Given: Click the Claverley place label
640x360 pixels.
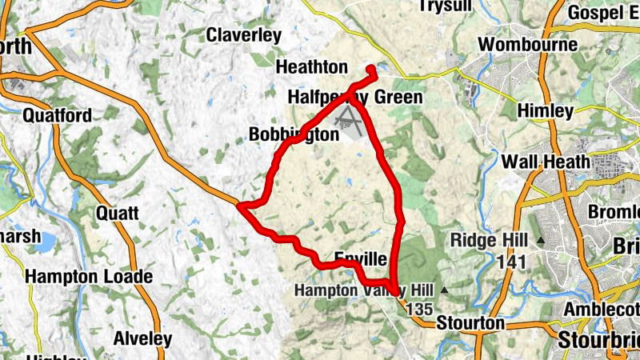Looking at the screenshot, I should pos(244,35).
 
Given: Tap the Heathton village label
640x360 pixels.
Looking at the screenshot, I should pos(311,66).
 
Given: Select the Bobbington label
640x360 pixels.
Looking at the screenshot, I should pos(294,134).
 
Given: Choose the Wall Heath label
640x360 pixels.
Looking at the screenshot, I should pos(546,162).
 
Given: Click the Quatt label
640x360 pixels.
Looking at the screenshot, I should pos(117,214).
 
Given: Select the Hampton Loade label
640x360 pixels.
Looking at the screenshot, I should pos(89,277).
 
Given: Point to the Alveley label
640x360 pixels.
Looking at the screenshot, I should pos(142,338).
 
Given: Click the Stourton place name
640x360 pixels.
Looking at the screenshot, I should pos(471,323).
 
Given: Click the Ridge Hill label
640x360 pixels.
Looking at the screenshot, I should pos(488,240).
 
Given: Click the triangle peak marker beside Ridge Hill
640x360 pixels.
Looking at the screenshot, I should pos(541,240).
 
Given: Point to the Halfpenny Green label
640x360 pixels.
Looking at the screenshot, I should pos(354,98).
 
